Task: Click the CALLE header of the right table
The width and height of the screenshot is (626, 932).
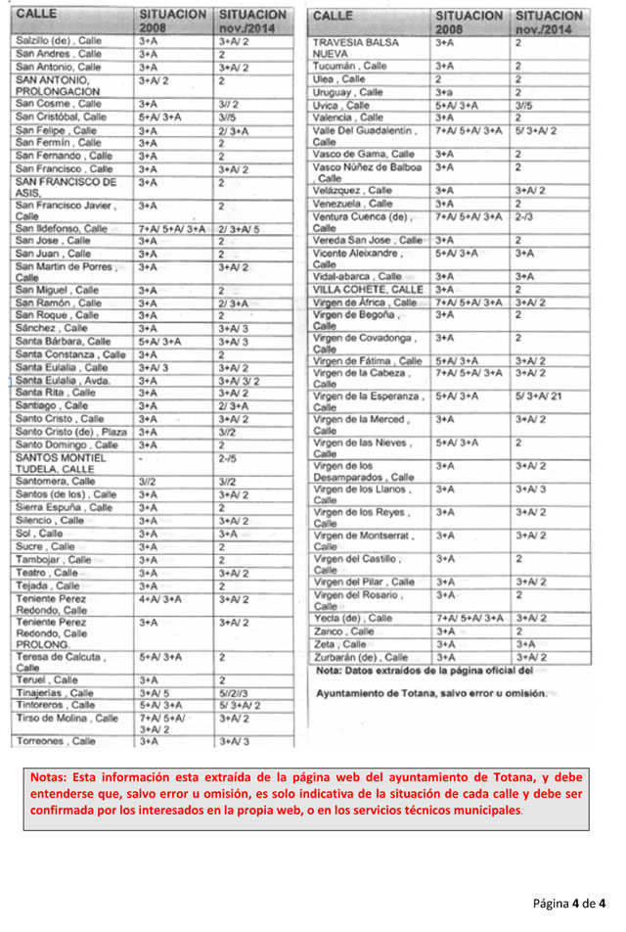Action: [334, 17]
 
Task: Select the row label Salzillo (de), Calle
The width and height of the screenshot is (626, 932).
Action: [59, 42]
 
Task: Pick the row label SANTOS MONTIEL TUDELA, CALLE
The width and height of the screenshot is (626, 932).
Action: [61, 462]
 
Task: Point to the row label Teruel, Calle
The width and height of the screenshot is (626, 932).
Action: [47, 679]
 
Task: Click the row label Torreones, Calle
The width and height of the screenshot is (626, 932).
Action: [56, 741]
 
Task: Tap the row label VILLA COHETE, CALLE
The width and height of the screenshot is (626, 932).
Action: [368, 290]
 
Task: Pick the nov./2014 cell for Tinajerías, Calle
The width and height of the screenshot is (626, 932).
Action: [235, 692]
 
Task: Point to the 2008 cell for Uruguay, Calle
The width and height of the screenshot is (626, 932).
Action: [445, 92]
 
